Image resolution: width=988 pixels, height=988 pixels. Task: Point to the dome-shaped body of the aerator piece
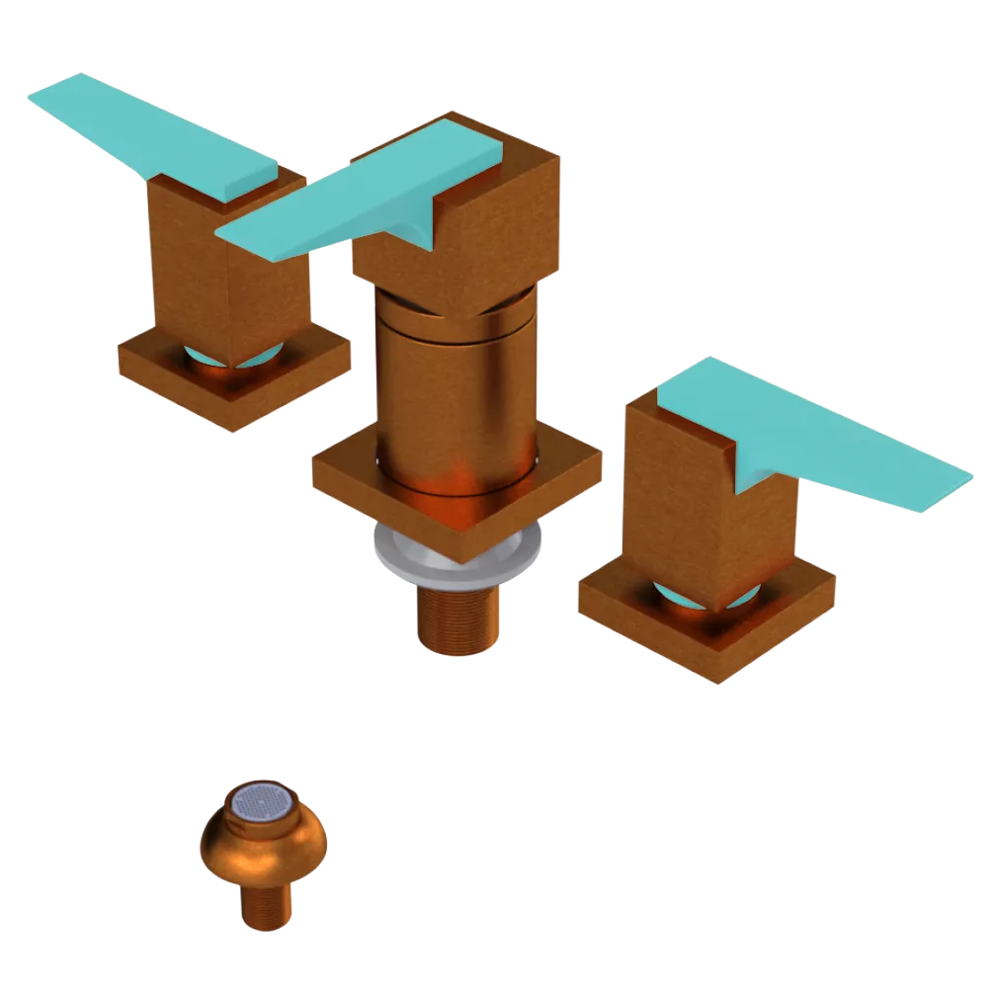tap(262, 850)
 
